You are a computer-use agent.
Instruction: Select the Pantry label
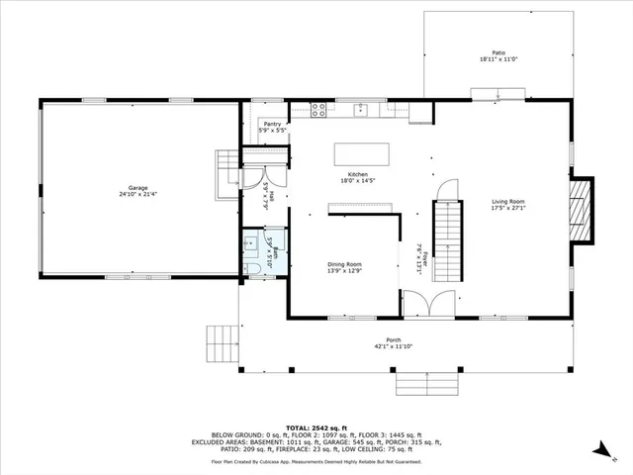click(x=273, y=124)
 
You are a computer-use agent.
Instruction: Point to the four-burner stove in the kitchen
click(x=320, y=109)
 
